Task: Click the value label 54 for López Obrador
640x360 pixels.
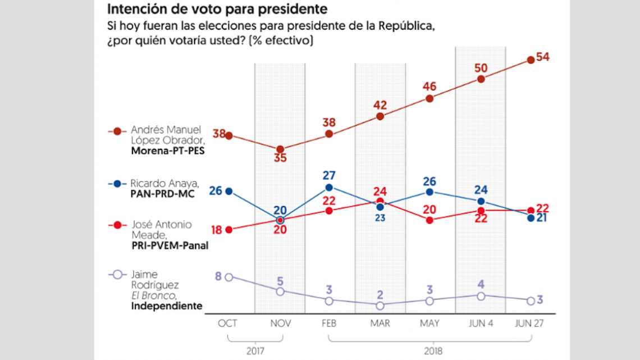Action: (542, 57)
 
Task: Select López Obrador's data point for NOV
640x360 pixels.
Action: (280, 149)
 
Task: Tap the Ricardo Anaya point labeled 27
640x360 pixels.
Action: (329, 187)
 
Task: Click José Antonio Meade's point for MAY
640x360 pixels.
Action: (429, 220)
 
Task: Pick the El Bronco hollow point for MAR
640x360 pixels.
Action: (380, 306)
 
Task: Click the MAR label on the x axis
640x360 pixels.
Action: (380, 323)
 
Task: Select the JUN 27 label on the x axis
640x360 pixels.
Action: (531, 323)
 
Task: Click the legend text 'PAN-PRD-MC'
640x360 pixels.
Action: (159, 193)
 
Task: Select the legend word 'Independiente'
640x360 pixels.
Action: (166, 306)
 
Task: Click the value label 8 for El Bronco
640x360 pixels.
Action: (218, 276)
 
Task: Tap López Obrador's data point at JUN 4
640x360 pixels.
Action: (481, 79)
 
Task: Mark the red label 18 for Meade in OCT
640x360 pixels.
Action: (216, 230)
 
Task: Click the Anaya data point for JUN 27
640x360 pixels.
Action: (531, 217)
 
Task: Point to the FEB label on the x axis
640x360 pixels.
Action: (330, 323)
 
